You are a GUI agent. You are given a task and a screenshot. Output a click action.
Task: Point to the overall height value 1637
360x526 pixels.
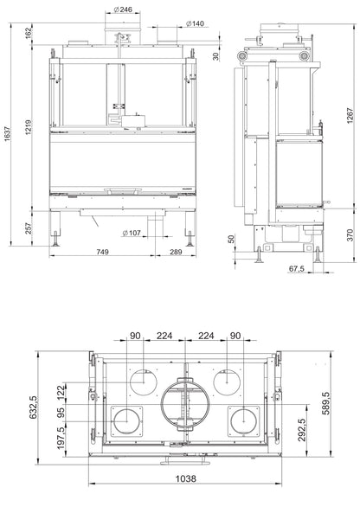pos(7,132)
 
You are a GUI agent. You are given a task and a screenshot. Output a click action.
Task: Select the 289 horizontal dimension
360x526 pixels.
pos(175,252)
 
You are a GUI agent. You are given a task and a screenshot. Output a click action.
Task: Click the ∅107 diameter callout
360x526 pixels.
pos(133,233)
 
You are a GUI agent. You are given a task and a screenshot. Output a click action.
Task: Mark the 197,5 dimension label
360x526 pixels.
pos(60,443)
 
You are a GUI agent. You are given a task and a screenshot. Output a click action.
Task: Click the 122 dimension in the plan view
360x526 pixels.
pos(60,392)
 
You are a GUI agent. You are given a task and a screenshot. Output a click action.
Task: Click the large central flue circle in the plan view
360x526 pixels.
pos(183,405)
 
